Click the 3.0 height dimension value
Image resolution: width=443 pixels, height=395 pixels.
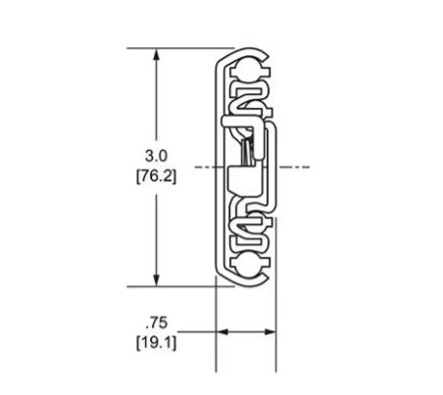click(x=156, y=156)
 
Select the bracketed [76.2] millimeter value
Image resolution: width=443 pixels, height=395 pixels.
click(x=156, y=177)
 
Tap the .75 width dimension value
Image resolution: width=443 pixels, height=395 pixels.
click(x=157, y=323)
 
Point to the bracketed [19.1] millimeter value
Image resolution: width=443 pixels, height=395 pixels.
click(x=156, y=343)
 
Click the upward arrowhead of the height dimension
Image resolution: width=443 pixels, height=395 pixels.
click(x=157, y=55)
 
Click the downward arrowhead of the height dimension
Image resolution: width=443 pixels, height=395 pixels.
click(x=157, y=280)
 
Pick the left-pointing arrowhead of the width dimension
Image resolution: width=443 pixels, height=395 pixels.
click(x=222, y=332)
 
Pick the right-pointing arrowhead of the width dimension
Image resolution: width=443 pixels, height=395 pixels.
click(x=270, y=332)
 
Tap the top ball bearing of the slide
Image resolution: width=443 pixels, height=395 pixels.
click(x=248, y=70)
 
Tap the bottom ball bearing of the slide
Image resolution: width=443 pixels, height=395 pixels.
click(x=248, y=265)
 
